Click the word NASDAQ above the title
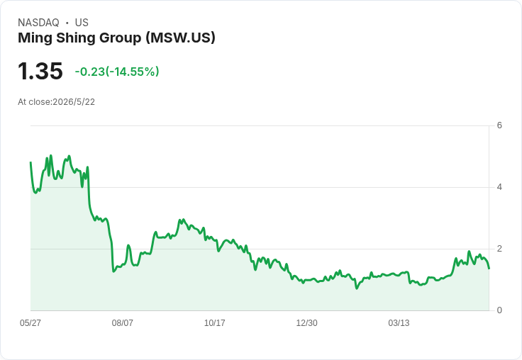[38, 23]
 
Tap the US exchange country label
[82, 23]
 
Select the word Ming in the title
[35, 38]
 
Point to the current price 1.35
[40, 71]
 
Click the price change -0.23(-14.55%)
[117, 72]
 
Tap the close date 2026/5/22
[74, 102]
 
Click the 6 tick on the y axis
[499, 125]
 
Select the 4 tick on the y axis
[499, 187]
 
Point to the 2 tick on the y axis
[499, 249]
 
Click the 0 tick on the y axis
[499, 310]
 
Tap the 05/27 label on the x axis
[30, 322]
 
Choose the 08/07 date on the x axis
[123, 322]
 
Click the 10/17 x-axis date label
[214, 322]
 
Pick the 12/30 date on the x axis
[306, 322]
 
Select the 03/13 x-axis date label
[399, 322]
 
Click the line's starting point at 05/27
[30, 162]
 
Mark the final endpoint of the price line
[489, 269]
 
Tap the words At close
[34, 102]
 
